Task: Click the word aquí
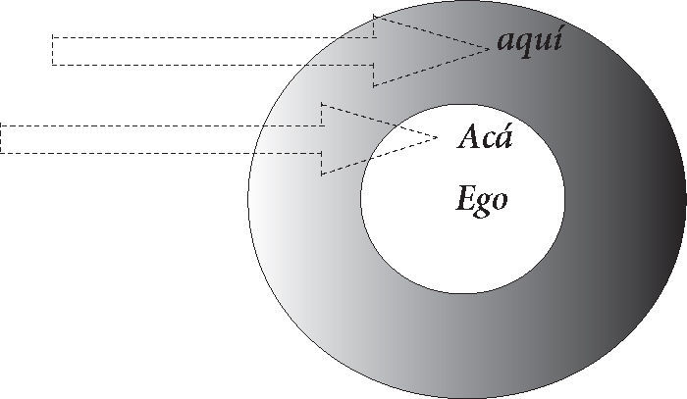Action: (530, 43)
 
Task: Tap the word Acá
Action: (486, 137)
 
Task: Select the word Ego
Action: (482, 200)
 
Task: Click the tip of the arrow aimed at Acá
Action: (437, 137)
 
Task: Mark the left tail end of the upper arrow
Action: (52, 50)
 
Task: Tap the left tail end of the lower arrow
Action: (2, 138)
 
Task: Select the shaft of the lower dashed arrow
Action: (162, 138)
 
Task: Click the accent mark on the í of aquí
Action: (558, 31)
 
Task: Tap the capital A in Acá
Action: (470, 137)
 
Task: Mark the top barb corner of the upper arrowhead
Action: (374, 14)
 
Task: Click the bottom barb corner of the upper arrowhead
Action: (374, 86)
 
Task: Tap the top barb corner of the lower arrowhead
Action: (322, 102)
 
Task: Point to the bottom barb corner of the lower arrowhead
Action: (322, 175)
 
